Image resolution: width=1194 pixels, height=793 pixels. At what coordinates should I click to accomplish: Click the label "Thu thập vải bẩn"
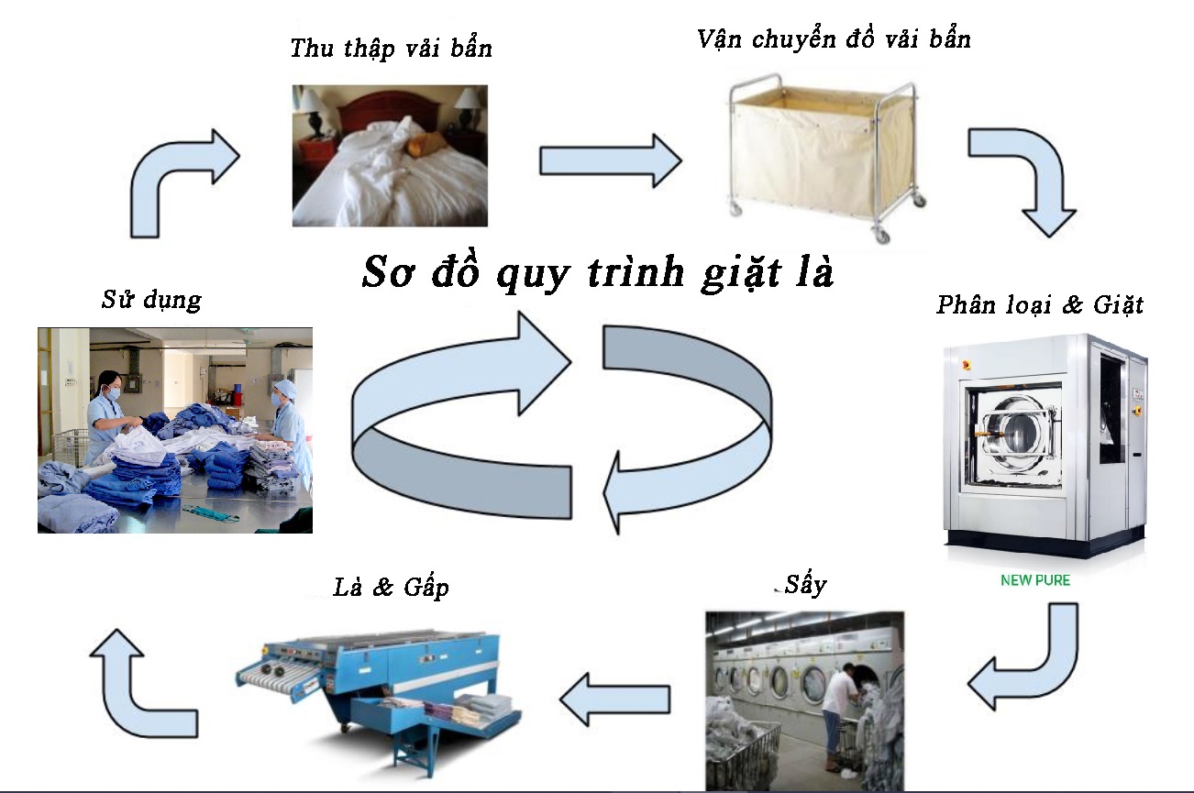coord(391,49)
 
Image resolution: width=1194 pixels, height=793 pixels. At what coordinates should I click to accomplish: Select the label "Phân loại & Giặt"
coord(1040,305)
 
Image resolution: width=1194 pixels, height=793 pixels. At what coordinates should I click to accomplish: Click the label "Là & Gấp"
coord(392,589)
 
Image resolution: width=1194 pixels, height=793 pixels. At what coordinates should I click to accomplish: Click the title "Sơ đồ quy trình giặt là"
coord(597,271)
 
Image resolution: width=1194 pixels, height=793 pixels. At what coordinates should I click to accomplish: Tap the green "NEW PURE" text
coord(1034,580)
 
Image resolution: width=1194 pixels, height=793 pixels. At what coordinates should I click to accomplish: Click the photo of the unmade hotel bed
coord(390,156)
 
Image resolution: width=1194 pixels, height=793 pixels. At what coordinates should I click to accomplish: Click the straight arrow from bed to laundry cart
coord(610,160)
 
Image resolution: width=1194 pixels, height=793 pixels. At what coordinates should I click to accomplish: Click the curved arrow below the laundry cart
coord(1023,179)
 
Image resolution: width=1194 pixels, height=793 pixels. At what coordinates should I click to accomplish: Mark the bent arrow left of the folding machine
coord(147,683)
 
